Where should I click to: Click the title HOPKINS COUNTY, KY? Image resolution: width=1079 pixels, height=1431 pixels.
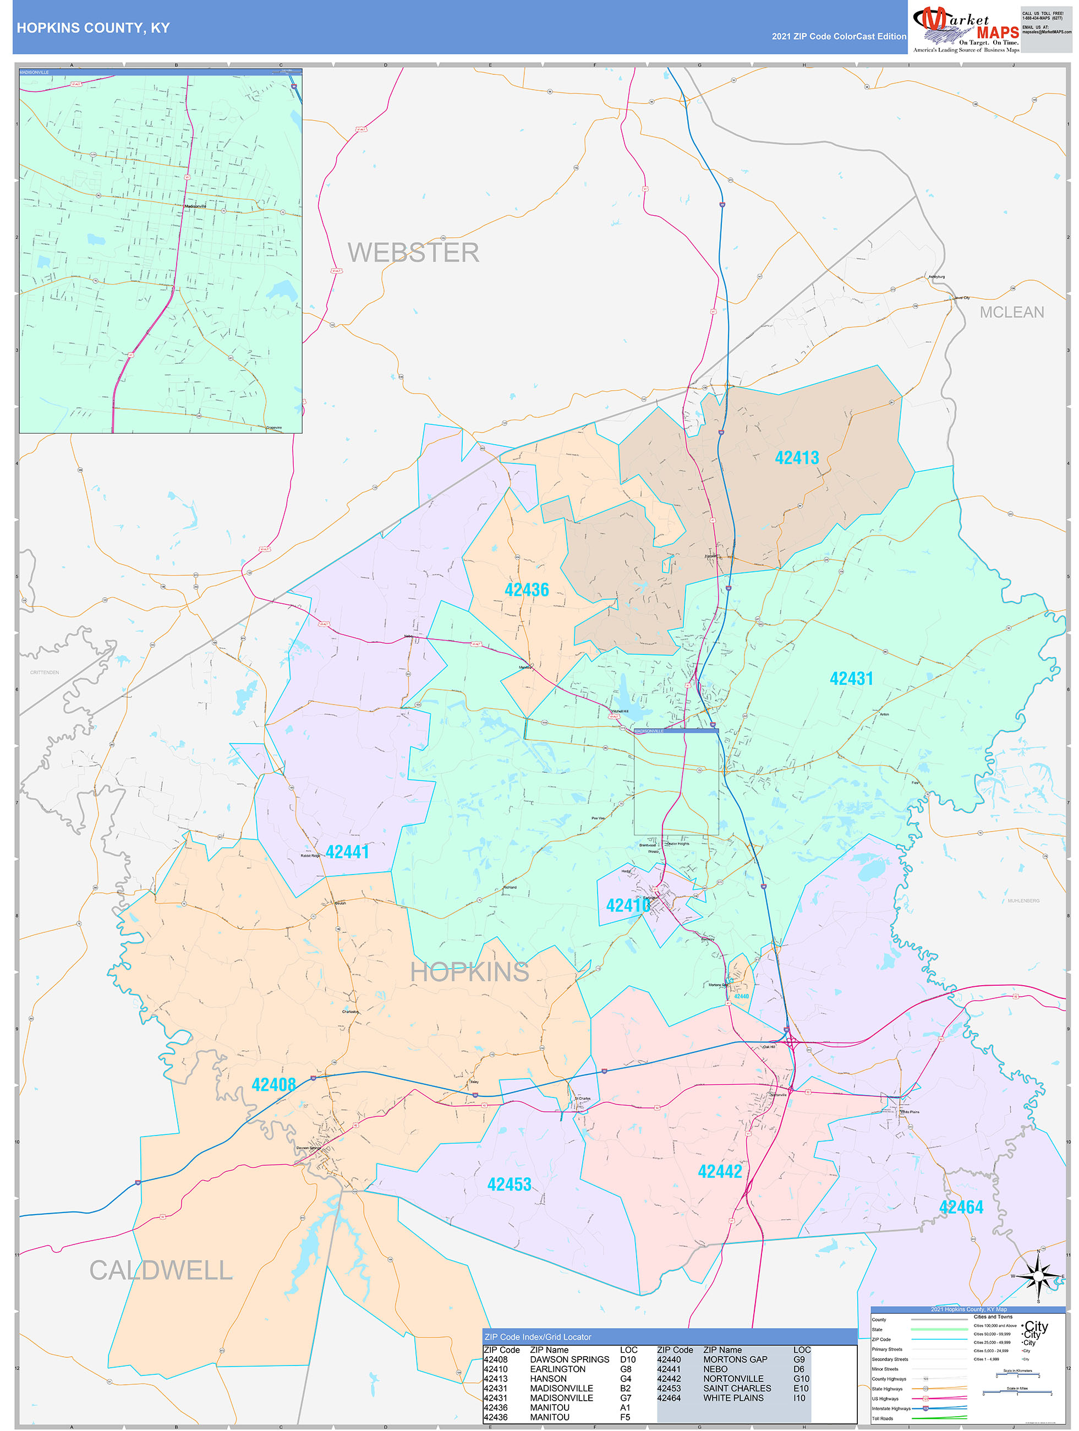[x=93, y=28]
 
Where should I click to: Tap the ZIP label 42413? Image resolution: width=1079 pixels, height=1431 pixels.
[x=796, y=458]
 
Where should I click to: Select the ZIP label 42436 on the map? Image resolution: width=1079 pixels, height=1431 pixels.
[x=526, y=590]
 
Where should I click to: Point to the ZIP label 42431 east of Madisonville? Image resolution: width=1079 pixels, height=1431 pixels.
[x=851, y=679]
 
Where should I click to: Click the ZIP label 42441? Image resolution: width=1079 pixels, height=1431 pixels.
[x=347, y=852]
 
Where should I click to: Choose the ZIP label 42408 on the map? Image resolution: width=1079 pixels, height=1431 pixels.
[x=273, y=1085]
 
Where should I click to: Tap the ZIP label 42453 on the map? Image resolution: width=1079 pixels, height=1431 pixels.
[x=508, y=1184]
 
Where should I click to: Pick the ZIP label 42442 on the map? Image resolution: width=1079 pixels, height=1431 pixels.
[x=719, y=1172]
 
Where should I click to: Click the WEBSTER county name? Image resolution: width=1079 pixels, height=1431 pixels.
[x=413, y=252]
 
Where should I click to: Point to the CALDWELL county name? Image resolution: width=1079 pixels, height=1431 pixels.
[x=161, y=1270]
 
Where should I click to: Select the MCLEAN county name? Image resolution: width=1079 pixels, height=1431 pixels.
[x=1011, y=313]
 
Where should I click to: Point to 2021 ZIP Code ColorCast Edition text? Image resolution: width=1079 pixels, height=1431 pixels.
[x=839, y=36]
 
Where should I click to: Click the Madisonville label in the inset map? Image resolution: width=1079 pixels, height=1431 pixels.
[x=195, y=206]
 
